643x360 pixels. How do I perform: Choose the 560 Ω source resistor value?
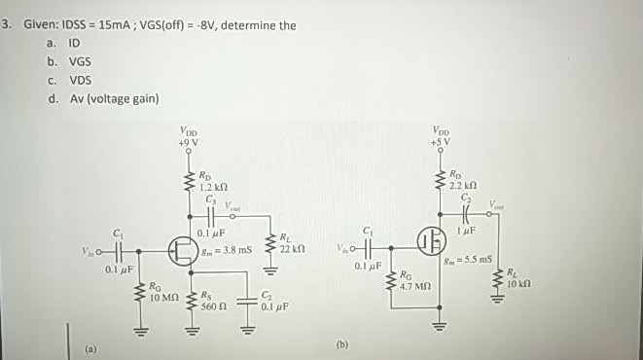tap(214, 305)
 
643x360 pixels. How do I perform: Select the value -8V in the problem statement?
tap(204, 25)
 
